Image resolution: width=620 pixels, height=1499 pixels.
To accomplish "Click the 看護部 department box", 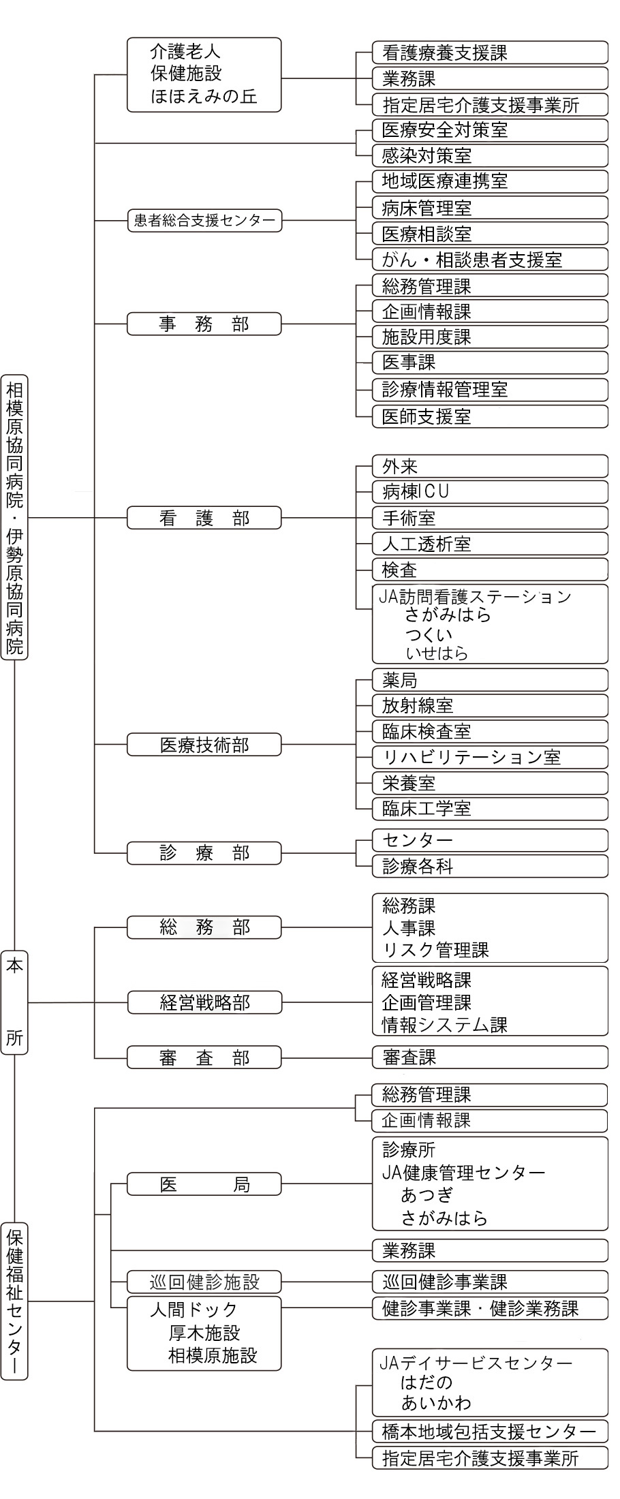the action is click(204, 518).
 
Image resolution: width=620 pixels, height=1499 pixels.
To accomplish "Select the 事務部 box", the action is click(204, 324).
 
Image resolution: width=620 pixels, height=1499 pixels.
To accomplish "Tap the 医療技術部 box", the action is click(204, 745).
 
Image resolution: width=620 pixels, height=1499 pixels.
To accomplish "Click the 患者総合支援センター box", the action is click(204, 221).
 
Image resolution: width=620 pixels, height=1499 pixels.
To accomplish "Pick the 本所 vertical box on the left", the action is click(14, 1002).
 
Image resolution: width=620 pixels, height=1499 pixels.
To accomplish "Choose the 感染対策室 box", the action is click(490, 156).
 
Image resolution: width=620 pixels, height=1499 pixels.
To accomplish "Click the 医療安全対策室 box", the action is click(490, 130).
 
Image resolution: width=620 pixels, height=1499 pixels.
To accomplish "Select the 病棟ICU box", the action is click(490, 492).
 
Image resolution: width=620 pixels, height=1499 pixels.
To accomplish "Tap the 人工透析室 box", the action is click(490, 544).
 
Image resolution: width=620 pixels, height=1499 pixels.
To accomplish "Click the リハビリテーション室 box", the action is click(490, 757).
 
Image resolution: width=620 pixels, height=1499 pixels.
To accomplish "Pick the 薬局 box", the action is click(490, 680).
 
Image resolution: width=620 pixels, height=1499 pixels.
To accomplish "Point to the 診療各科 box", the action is click(490, 866).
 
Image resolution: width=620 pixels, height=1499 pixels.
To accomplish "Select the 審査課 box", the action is click(490, 1057).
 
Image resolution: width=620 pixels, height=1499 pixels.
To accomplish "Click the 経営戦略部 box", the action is click(204, 1002).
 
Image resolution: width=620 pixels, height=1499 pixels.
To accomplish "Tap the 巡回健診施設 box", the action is click(204, 1282).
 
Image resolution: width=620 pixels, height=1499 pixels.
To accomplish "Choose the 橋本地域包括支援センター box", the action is click(490, 1432).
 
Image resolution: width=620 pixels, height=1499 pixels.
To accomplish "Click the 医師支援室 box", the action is click(490, 416).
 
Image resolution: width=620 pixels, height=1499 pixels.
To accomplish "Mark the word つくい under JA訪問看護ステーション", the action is click(429, 634).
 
